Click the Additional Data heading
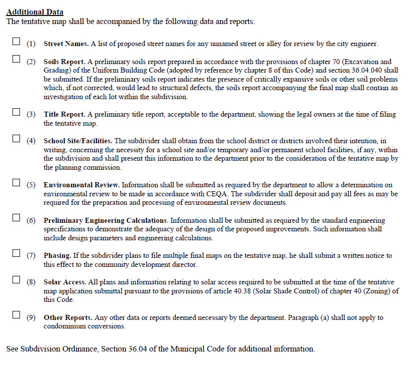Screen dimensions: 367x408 [34, 12]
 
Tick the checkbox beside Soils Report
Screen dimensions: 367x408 [16, 60]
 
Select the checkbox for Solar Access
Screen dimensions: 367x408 [16, 280]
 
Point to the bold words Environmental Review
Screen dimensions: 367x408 [82, 185]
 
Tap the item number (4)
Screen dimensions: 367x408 [31, 141]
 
